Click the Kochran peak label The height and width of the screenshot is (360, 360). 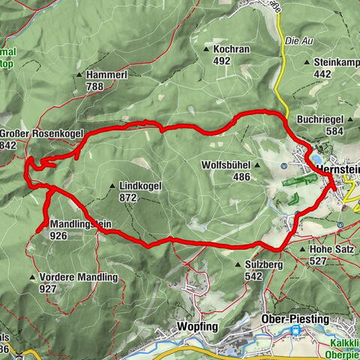pyautogui.click(x=231, y=48)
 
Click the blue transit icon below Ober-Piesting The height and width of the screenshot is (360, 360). pyautogui.click(x=295, y=330)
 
